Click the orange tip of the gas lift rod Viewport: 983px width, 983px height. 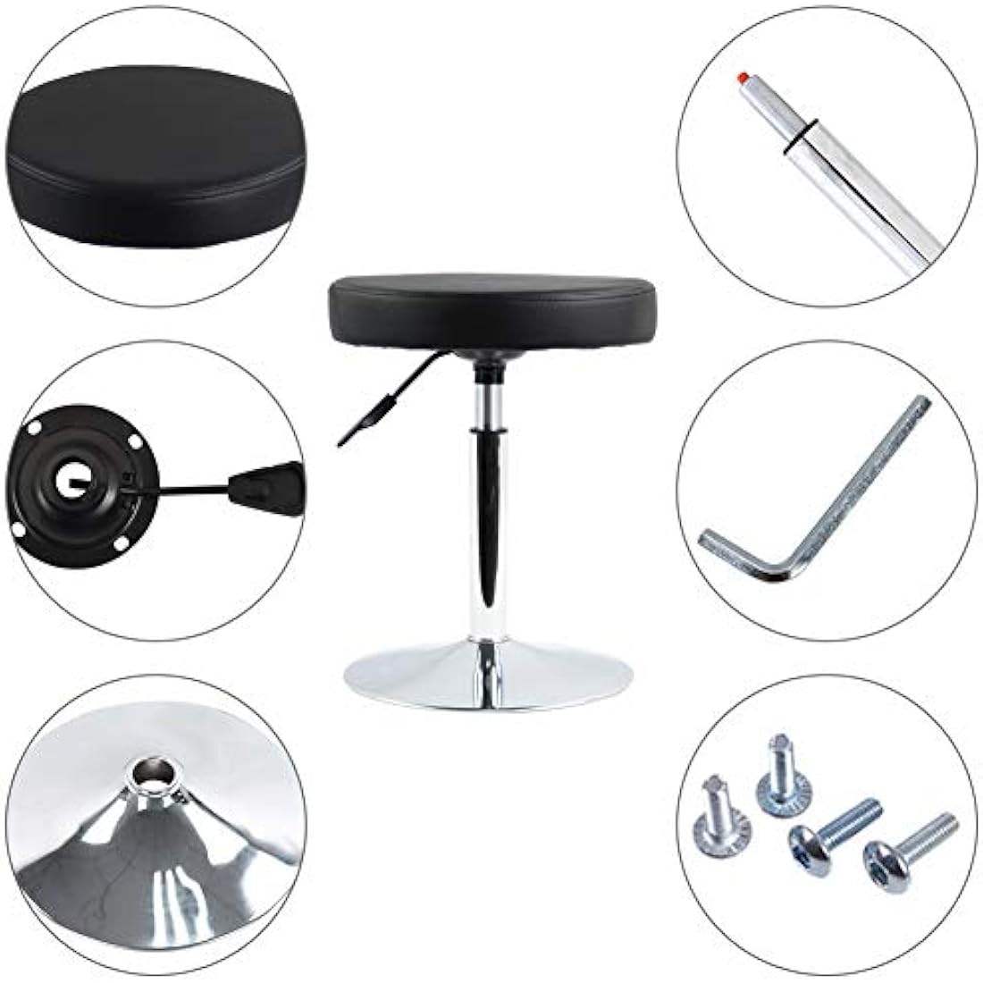[741, 78]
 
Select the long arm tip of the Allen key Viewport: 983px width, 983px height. [921, 404]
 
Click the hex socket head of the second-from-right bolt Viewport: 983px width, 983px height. [805, 844]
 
